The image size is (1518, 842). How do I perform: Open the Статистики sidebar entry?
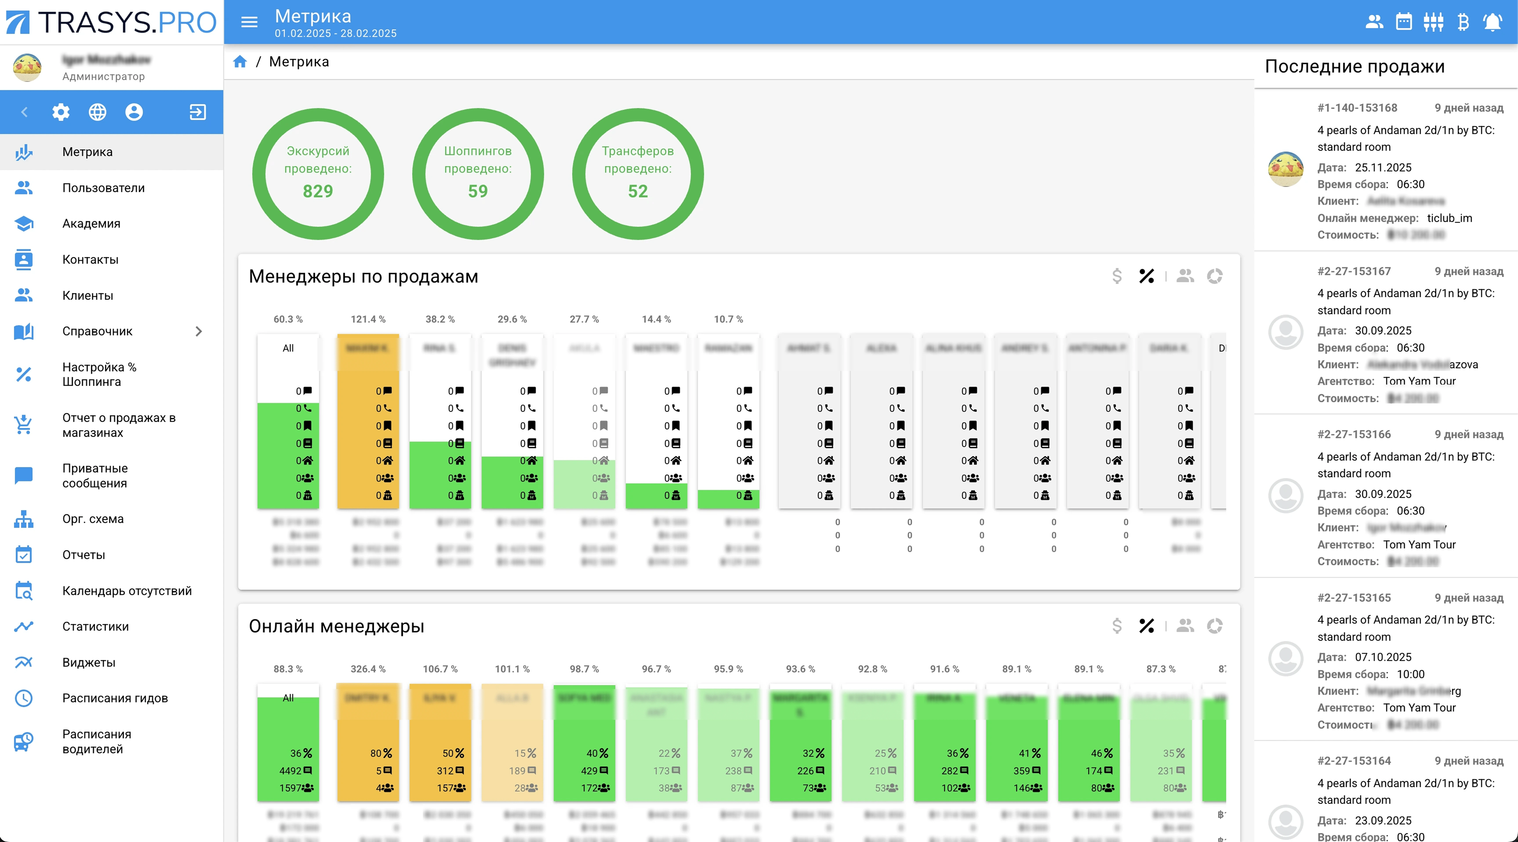(x=95, y=626)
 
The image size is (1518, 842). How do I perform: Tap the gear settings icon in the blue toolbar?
(x=61, y=112)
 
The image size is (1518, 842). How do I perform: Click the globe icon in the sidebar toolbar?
(x=97, y=112)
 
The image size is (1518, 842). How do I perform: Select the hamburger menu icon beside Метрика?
(x=249, y=22)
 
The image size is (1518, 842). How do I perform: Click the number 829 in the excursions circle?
(x=318, y=192)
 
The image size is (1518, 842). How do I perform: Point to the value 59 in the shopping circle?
(x=477, y=192)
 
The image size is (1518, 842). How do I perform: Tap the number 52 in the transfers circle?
(x=638, y=192)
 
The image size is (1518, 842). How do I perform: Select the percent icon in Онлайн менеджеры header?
(x=1146, y=626)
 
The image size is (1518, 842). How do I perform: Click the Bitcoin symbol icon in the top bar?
(x=1463, y=22)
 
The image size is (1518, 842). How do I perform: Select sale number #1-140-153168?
(x=1357, y=108)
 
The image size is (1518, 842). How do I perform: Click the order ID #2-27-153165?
(x=1354, y=597)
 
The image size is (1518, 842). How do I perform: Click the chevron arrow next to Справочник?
(x=199, y=331)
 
